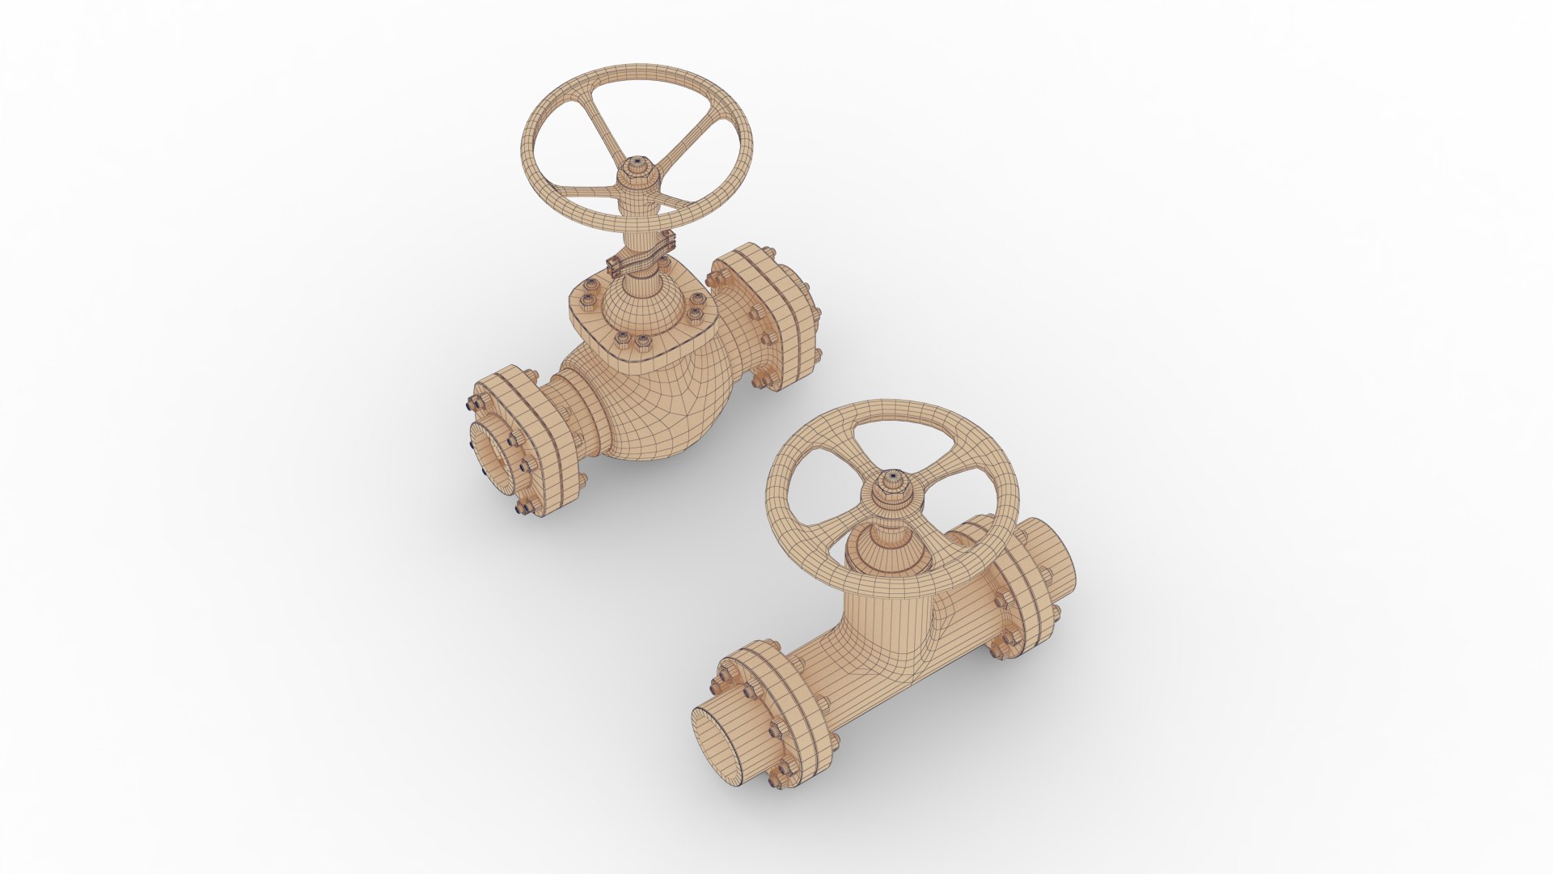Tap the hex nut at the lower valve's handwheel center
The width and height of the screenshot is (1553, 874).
[892, 483]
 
